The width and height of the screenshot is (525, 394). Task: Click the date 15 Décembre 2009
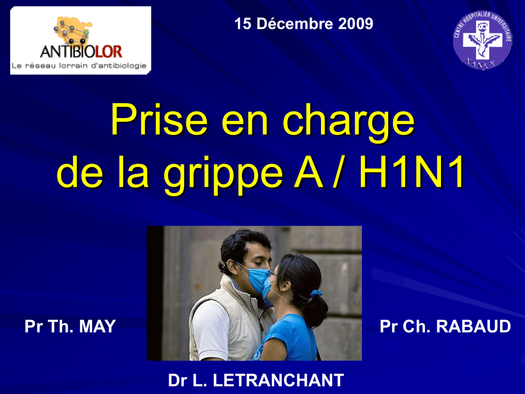click(304, 24)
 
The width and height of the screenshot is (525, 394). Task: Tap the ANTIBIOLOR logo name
click(81, 52)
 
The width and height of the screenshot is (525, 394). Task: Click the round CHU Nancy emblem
click(482, 40)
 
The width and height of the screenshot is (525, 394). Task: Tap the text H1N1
click(412, 172)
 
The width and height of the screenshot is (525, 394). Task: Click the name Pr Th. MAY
click(70, 326)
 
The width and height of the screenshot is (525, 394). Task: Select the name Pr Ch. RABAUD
click(445, 326)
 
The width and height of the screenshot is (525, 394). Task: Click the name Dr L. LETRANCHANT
click(256, 380)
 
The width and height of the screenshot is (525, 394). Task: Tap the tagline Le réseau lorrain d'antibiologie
click(79, 66)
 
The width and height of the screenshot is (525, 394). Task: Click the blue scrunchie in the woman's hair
click(315, 293)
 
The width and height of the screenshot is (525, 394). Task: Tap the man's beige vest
click(228, 318)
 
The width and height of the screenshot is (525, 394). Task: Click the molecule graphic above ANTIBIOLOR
click(72, 30)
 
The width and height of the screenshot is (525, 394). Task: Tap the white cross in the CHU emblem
click(482, 40)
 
